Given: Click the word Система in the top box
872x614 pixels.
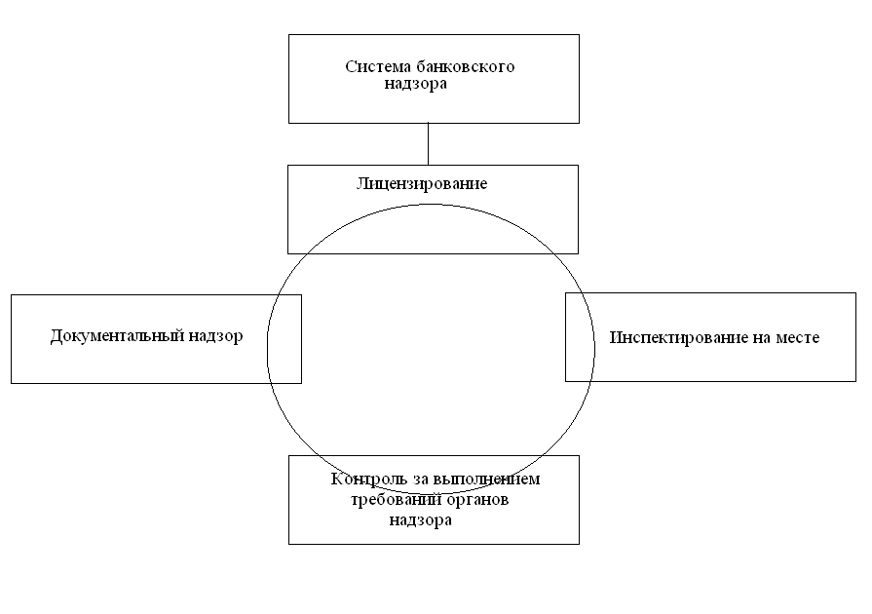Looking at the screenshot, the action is (374, 67).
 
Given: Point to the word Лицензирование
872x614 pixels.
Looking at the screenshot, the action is (422, 183).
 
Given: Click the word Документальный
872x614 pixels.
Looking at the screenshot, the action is (115, 336).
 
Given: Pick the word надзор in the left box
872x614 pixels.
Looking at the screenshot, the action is (213, 336).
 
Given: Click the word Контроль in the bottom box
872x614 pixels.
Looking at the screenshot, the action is (363, 480).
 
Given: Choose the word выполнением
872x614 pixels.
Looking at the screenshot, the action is (492, 480).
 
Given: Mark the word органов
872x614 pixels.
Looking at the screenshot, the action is (477, 500).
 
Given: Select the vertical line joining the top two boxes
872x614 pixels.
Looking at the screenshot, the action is (429, 143).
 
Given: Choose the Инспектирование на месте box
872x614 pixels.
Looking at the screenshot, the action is (710, 365).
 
